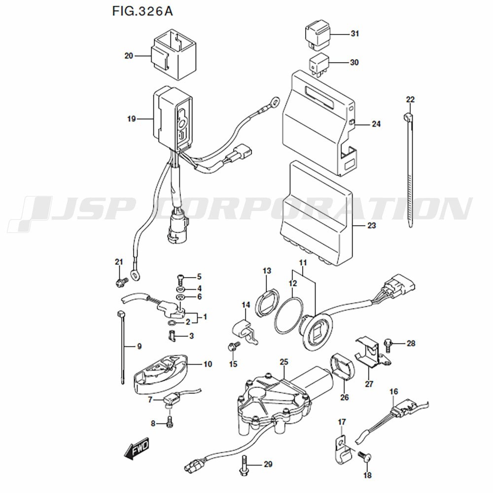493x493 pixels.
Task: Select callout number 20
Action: (x=129, y=56)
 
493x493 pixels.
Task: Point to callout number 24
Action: (x=376, y=124)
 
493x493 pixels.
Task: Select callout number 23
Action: (x=371, y=226)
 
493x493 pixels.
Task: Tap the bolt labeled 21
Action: (x=120, y=282)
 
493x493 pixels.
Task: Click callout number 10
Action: (x=208, y=364)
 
